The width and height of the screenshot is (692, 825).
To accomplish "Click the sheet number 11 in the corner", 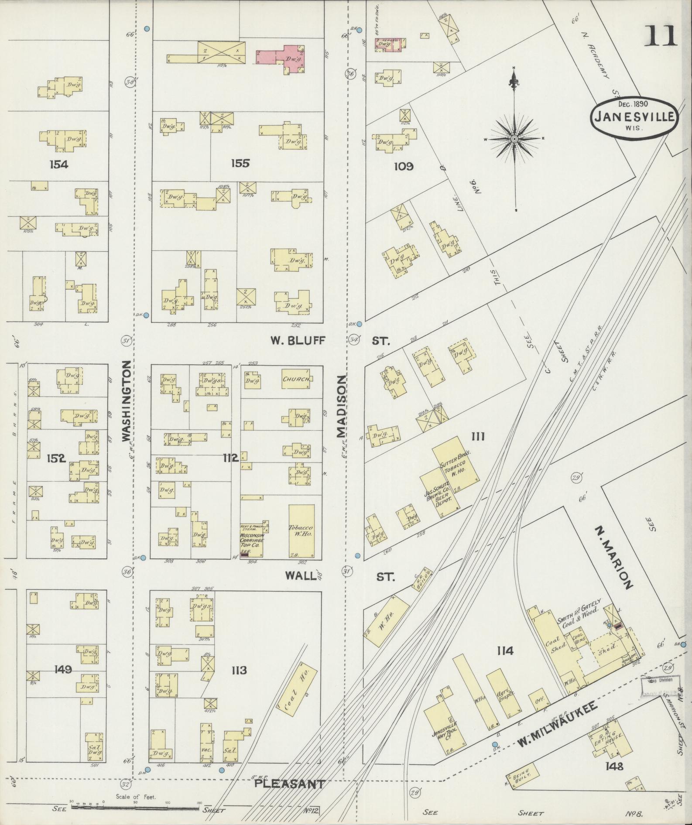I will [x=661, y=36].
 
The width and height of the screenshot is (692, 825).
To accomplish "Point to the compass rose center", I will [x=514, y=139].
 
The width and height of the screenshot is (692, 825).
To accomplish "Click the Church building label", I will [x=297, y=379].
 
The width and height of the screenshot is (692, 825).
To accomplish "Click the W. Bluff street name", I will [x=298, y=341].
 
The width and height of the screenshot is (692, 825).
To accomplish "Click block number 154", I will [x=59, y=164].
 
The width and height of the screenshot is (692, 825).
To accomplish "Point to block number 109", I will [x=403, y=166].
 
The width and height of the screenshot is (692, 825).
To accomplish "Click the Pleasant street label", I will [x=290, y=784].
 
